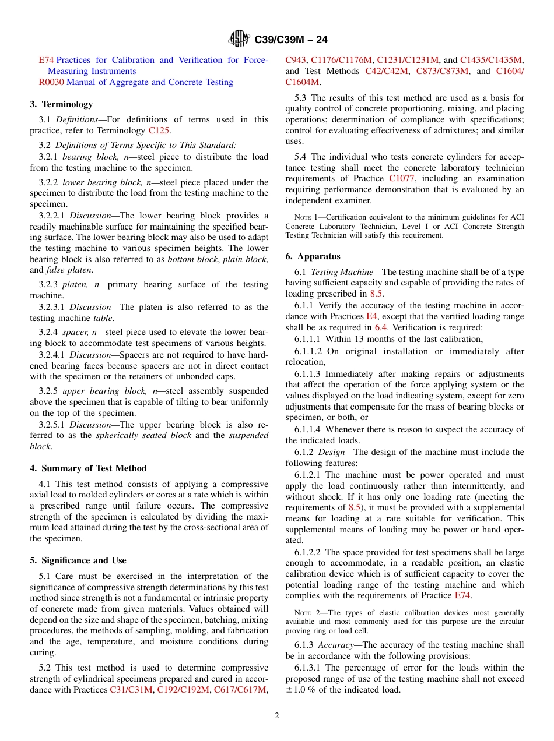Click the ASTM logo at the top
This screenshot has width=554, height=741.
(x=239, y=40)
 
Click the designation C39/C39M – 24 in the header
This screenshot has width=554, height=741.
(x=291, y=40)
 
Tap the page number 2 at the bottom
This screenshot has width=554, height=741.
(x=277, y=716)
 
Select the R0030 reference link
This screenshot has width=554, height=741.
(x=51, y=82)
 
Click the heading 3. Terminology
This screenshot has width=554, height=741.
(x=61, y=104)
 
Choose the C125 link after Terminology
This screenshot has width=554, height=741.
(x=159, y=130)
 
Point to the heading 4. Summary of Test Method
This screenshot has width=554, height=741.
(x=88, y=468)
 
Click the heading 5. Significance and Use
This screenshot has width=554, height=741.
(x=78, y=560)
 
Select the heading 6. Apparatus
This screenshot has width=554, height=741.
(x=313, y=256)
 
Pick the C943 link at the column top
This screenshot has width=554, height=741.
(x=296, y=60)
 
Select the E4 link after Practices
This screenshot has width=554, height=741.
(x=371, y=316)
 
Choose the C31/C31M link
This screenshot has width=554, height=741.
(x=131, y=690)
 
